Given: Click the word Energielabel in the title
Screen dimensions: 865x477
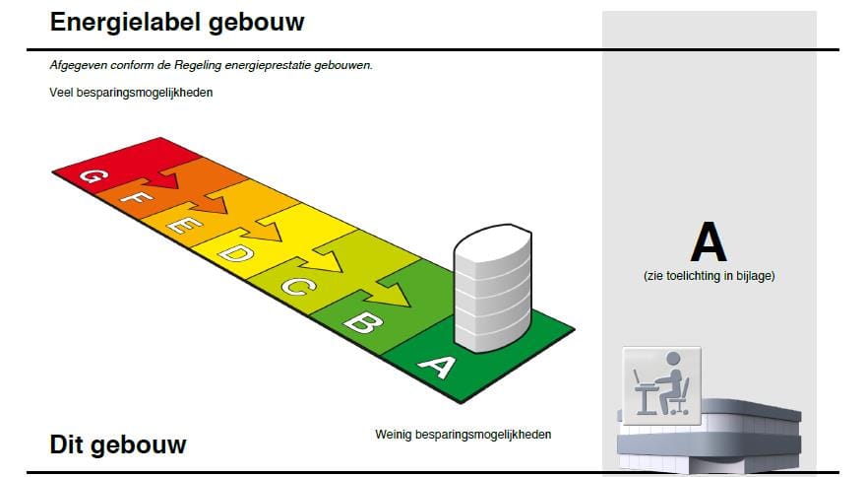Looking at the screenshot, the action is point(125,23).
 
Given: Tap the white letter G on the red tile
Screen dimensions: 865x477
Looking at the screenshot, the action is point(93,175).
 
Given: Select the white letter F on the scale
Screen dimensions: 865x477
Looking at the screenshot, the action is point(136,197).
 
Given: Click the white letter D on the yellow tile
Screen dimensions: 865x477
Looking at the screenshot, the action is point(235,253).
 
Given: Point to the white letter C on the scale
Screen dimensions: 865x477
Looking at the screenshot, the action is point(298,286).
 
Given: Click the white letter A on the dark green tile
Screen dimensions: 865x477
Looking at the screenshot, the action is point(438,366).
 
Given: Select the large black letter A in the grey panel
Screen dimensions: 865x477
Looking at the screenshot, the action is point(709,241).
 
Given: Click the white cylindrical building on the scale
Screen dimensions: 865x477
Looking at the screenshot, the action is point(493,288).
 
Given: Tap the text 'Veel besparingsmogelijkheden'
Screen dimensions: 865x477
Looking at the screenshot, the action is point(131,93).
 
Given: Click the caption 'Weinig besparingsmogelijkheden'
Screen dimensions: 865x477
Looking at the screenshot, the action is point(463,435).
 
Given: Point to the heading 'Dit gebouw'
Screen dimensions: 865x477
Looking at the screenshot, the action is point(118,444).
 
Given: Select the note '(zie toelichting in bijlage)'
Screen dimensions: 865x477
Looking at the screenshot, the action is point(709,275).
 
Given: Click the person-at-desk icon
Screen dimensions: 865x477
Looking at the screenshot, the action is point(661,385).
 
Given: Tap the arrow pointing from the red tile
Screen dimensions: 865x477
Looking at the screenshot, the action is point(168,175).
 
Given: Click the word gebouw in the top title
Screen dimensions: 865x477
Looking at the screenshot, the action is point(257,23).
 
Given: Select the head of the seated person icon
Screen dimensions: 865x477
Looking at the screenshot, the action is point(673,360).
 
